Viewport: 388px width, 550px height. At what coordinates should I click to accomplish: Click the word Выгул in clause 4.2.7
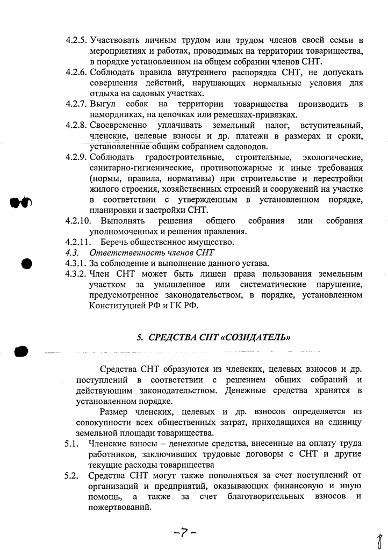(x=103, y=104)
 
